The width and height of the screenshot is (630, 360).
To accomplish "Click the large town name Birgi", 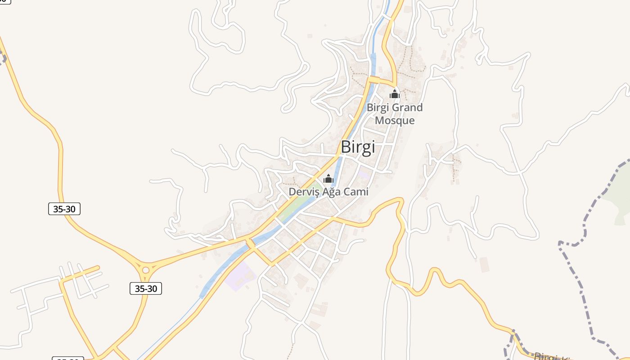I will pyautogui.click(x=358, y=147).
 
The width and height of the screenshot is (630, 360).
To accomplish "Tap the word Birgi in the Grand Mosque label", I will pyautogui.click(x=377, y=108).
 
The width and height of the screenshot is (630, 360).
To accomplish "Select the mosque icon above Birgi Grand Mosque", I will pyautogui.click(x=395, y=94).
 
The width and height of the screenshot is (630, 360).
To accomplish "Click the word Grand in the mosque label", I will pyautogui.click(x=407, y=108).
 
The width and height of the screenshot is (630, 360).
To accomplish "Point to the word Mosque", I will pyautogui.click(x=395, y=121).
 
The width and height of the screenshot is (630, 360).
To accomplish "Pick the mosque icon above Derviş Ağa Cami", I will pyautogui.click(x=328, y=179).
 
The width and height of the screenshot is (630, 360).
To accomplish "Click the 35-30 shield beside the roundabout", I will pyautogui.click(x=146, y=288).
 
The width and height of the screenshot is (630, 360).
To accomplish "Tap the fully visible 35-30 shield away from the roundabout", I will pyautogui.click(x=64, y=209).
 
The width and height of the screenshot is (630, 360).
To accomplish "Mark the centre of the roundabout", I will pyautogui.click(x=145, y=270).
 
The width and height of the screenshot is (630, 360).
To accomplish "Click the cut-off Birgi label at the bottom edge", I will pyautogui.click(x=551, y=357).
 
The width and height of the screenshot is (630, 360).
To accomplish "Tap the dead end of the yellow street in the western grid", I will pyautogui.click(x=98, y=268).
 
